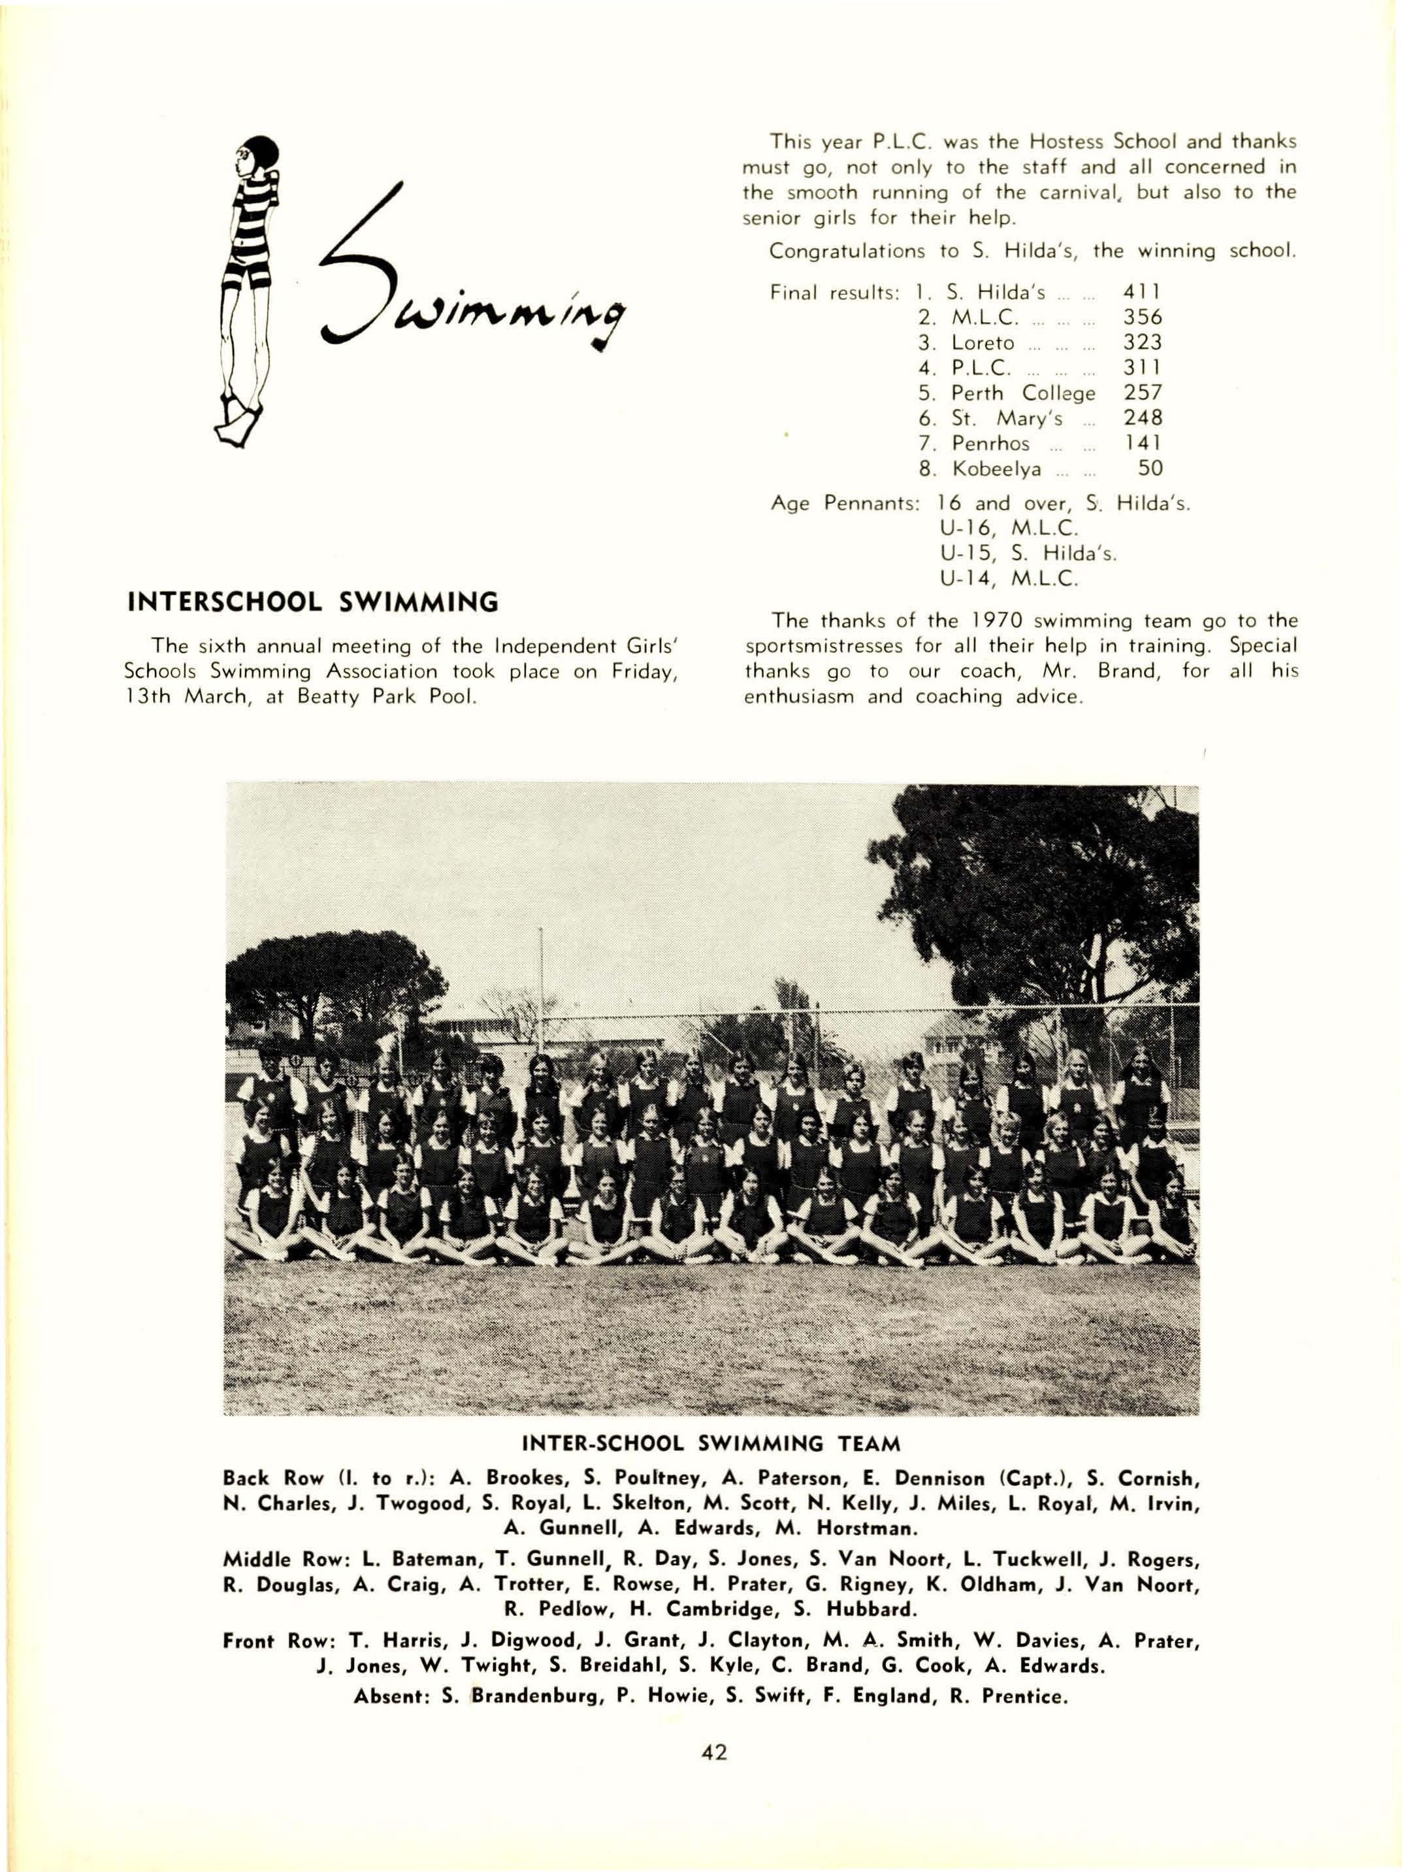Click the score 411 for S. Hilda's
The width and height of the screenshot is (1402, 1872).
[x=1141, y=292]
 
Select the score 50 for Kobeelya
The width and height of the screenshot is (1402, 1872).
[x=1150, y=468]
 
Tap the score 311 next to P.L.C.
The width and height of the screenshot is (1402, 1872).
[x=1141, y=367]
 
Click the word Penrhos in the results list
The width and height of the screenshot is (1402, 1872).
[x=990, y=444]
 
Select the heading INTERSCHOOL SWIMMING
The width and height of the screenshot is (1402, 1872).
[x=312, y=602]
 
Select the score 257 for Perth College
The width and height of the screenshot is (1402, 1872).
[x=1141, y=393]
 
